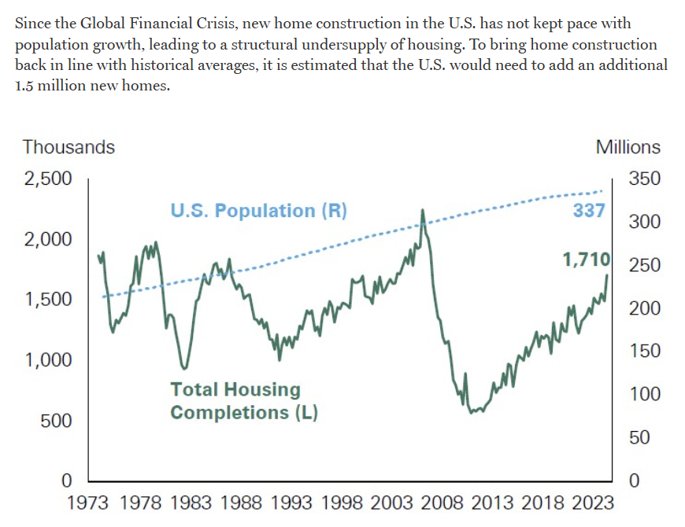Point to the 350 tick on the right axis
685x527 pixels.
click(x=645, y=179)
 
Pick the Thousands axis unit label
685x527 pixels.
click(x=68, y=147)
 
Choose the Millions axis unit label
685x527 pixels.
click(x=628, y=147)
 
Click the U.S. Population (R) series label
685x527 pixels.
click(x=258, y=211)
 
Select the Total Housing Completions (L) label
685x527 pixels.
click(x=244, y=400)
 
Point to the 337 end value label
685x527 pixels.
click(x=589, y=211)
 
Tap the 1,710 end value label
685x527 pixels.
click(x=587, y=260)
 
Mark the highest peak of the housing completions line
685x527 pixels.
click(x=423, y=210)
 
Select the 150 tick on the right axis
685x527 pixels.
click(x=645, y=352)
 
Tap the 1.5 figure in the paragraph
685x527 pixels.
click(x=24, y=85)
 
